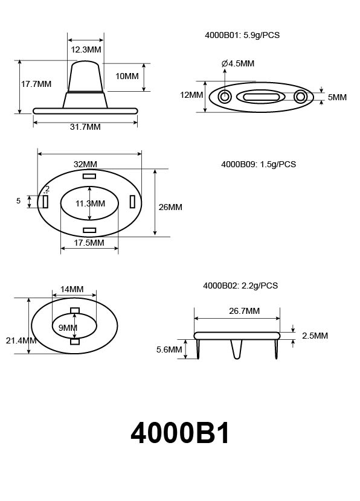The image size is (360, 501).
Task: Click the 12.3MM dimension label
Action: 85,49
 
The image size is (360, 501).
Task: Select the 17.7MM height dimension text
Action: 36,84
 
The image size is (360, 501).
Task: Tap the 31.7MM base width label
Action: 85,127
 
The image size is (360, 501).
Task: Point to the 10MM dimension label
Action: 127,76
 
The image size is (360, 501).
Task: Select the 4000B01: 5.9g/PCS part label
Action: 242,35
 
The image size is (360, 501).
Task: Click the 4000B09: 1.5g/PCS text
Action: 259,164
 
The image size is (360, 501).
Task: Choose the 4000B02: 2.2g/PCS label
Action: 240,286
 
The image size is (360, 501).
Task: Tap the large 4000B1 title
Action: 180,433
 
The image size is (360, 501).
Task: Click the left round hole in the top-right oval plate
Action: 225,97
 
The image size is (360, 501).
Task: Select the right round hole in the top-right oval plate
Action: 300,97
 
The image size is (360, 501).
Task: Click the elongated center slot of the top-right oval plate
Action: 262,97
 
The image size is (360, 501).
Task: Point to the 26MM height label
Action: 170,207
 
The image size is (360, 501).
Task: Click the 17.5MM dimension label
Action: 89,243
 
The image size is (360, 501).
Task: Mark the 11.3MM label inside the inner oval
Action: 90,203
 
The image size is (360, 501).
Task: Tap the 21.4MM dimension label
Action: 21,340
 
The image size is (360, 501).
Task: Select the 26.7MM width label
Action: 245,311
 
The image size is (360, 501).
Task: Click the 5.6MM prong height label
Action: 169,349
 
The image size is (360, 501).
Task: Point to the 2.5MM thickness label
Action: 314,336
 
